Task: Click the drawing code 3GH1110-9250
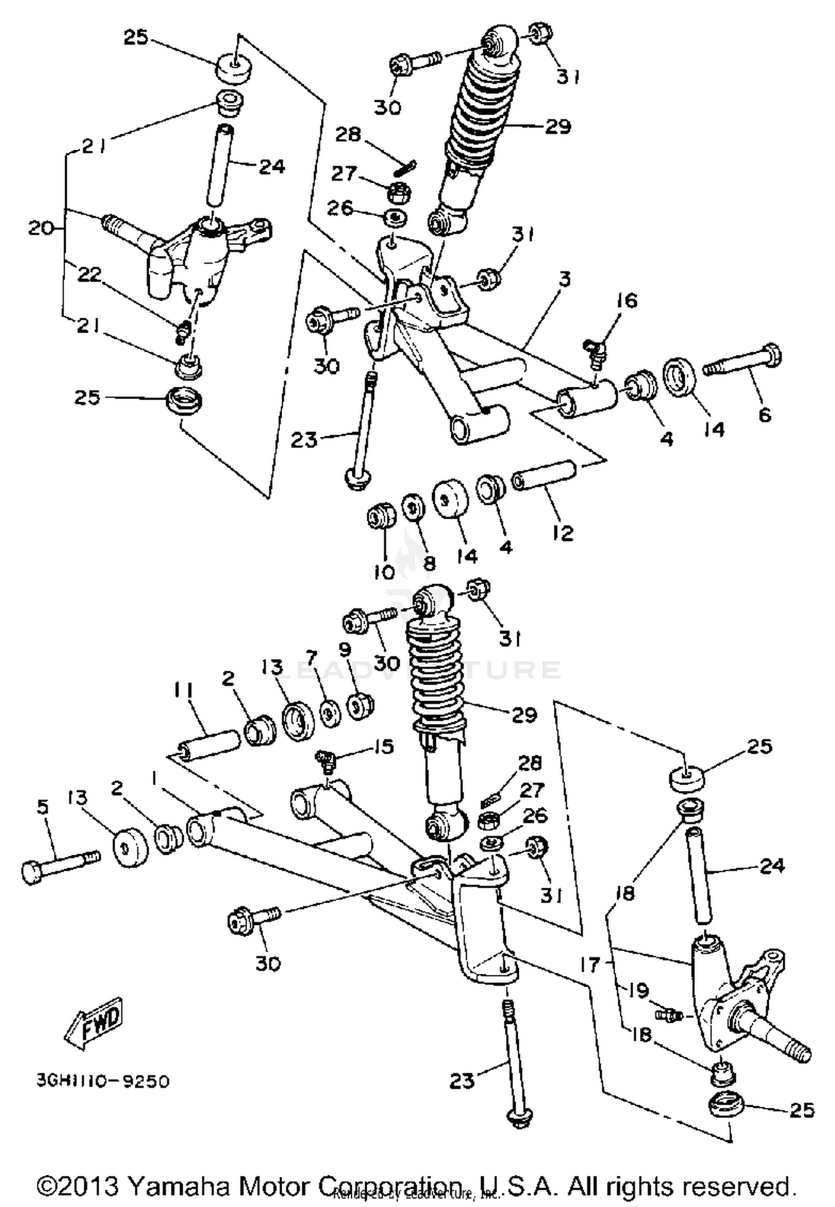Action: point(103,1081)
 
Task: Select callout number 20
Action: point(41,228)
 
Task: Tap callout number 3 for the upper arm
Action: point(564,279)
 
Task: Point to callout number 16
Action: point(626,300)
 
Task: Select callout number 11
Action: point(183,692)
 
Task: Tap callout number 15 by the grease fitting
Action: point(383,746)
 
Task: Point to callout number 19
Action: point(638,991)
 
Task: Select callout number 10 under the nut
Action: point(384,572)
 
